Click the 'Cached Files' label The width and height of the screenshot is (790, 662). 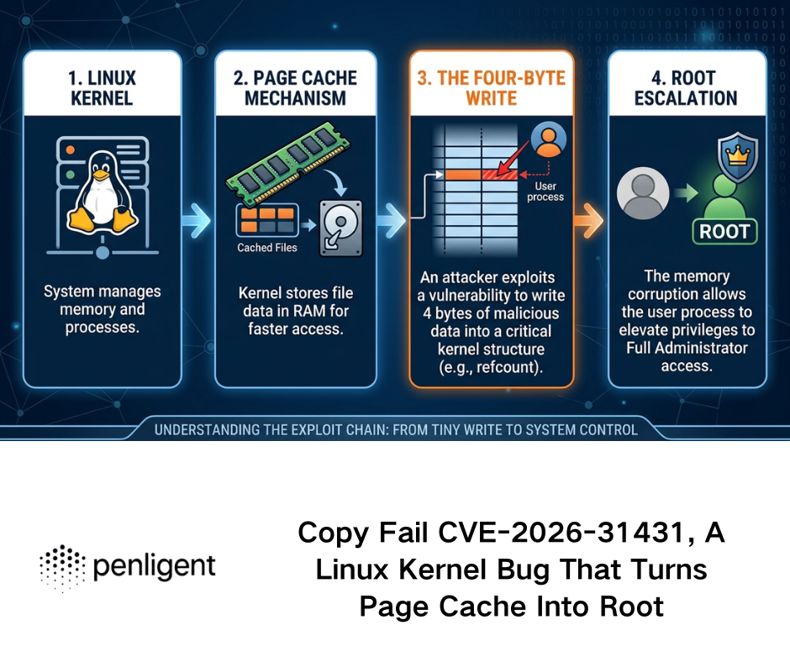[266, 248]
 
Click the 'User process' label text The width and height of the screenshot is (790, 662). [547, 192]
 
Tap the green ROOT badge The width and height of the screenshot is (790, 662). [724, 230]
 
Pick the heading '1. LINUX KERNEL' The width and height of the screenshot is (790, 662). [102, 87]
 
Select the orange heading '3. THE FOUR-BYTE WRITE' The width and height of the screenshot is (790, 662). [492, 87]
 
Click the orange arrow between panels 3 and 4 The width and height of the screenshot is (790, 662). [590, 222]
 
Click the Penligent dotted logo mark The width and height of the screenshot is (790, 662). [63, 567]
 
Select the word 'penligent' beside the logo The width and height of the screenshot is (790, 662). [154, 565]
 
